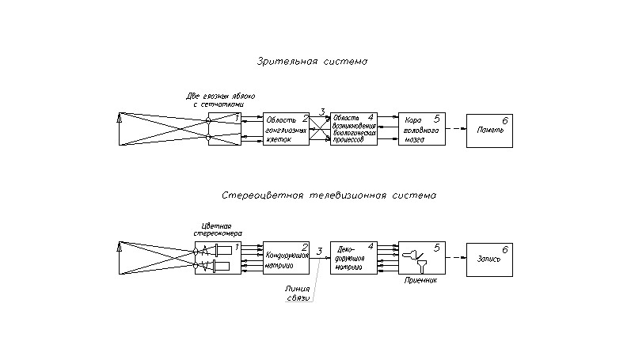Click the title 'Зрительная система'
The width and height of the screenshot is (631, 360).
tap(313, 61)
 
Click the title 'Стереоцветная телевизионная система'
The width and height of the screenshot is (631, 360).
tap(329, 194)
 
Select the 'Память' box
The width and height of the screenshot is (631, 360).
tap(489, 130)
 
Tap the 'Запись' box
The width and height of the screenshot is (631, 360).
tap(489, 259)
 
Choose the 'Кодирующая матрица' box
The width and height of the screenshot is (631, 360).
tap(285, 258)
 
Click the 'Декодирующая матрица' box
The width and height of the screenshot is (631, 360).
tap(353, 258)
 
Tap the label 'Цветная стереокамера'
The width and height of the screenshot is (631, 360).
tap(213, 229)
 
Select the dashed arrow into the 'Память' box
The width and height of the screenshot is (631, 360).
tap(455, 129)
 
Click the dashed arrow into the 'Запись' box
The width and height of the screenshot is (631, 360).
tap(455, 258)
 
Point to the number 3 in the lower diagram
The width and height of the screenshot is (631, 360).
tap(319, 251)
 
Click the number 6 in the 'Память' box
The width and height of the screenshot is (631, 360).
tap(505, 119)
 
